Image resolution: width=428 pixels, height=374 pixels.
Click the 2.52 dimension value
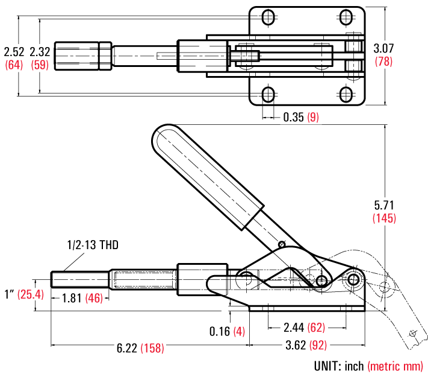click(x=13, y=52)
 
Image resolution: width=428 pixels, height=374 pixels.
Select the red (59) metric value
click(x=40, y=65)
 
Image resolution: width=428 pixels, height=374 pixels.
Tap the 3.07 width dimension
click(x=383, y=48)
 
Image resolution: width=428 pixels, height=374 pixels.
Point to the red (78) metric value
click(x=383, y=61)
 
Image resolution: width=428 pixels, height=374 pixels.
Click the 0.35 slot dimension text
click(x=293, y=117)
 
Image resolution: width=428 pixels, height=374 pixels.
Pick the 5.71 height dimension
click(x=384, y=205)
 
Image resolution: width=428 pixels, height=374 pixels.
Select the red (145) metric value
click(x=384, y=218)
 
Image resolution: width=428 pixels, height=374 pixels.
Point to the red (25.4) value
click(x=31, y=294)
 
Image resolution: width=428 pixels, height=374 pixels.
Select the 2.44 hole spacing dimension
click(x=294, y=328)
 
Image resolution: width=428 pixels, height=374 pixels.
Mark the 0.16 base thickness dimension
click(x=220, y=331)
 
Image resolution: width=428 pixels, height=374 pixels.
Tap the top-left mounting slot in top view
click(x=268, y=16)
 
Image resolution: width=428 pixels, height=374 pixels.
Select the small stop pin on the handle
click(x=282, y=244)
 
